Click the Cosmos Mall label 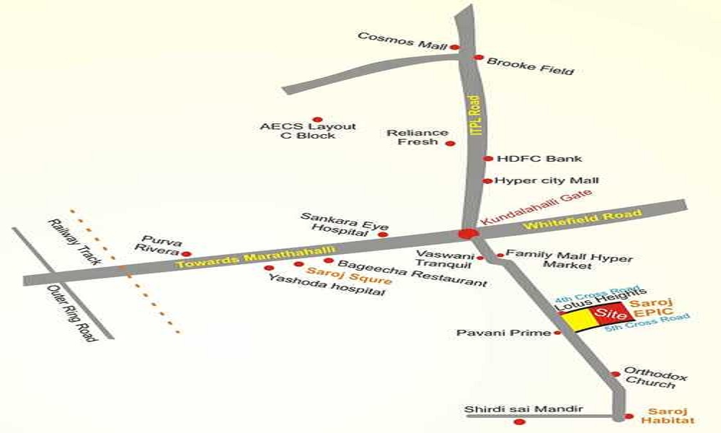pos(402,41)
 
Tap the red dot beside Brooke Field pos(479,58)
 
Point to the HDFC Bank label pos(539,159)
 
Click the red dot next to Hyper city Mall pos(487,181)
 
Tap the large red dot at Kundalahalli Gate pos(466,234)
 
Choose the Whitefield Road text pos(582,219)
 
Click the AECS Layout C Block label pos(308,131)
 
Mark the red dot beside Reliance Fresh pos(451,144)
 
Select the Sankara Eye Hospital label pos(345,224)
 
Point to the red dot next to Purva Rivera pos(186,254)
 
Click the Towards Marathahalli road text pos(256,257)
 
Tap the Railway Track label pos(75,242)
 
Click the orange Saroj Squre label pos(349,276)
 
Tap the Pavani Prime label pos(503,333)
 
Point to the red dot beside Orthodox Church pos(616,374)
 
